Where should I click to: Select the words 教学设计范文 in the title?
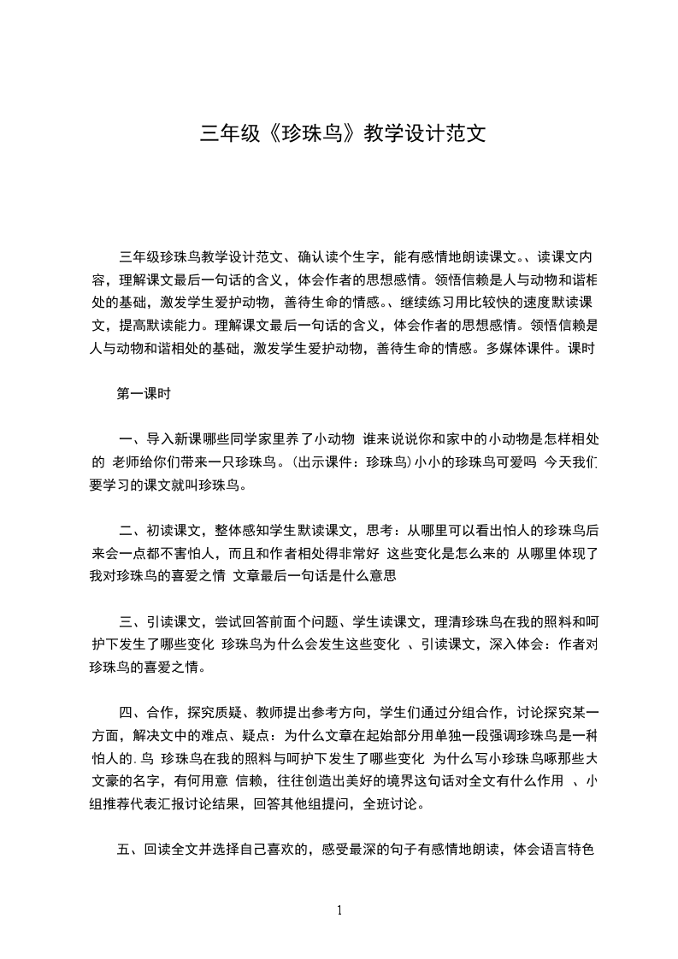(x=424, y=133)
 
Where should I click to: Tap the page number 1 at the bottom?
(x=339, y=909)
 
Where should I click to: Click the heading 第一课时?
(x=144, y=394)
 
